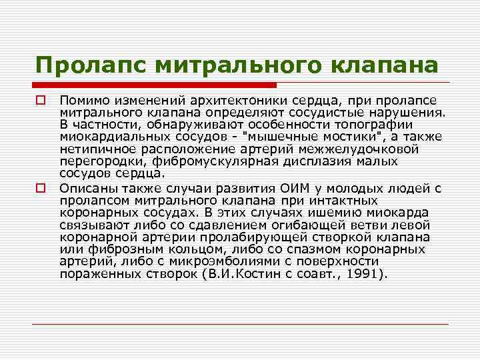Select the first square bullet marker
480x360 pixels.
[41, 100]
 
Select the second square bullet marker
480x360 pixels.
[41, 188]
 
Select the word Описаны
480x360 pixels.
[84, 188]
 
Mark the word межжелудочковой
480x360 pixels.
[380, 148]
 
